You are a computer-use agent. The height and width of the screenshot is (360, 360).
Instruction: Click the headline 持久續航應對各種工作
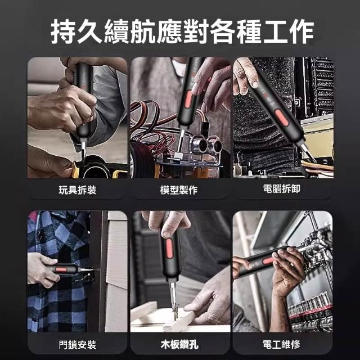click(x=182, y=31)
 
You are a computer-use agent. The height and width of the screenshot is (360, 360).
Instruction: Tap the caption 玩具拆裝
click(x=78, y=190)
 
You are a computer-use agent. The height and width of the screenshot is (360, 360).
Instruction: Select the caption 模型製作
click(x=179, y=190)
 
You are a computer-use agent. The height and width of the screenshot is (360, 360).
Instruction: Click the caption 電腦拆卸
click(x=281, y=189)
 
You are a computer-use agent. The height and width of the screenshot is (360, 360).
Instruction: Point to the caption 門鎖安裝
click(x=78, y=345)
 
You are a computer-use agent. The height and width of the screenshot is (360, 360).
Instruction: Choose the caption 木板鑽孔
click(x=179, y=345)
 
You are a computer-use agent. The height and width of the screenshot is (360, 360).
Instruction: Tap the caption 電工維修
click(x=281, y=344)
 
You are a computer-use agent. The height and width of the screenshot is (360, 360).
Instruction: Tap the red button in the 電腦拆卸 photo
click(x=282, y=118)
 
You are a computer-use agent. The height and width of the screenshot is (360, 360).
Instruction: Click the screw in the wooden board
click(x=176, y=312)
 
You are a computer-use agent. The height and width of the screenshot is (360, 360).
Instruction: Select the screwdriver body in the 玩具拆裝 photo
click(x=84, y=101)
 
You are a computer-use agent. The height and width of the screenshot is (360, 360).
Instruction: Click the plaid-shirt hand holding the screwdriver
click(x=43, y=270)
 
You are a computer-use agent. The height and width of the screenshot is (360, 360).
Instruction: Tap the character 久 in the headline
click(x=90, y=31)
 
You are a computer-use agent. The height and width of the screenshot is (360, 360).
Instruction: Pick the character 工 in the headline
click(x=275, y=31)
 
